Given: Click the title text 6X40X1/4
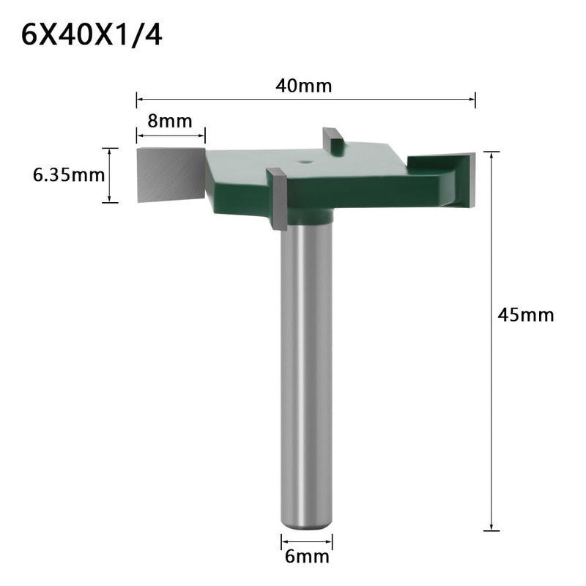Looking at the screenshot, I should click(x=92, y=35).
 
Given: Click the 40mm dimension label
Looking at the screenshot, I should click(x=304, y=86).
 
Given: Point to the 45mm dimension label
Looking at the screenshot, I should click(x=525, y=315).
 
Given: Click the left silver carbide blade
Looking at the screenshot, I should click(x=168, y=174).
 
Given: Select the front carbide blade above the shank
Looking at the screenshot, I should click(x=278, y=198).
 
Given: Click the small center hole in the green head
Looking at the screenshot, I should click(x=303, y=157).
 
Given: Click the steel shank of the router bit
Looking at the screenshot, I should click(x=307, y=366).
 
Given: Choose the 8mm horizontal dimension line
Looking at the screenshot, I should click(x=170, y=134).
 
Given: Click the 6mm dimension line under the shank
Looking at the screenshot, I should click(x=307, y=541).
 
